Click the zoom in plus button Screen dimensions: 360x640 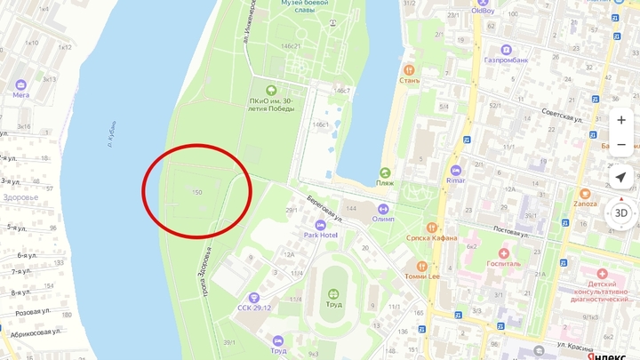click(620, 120)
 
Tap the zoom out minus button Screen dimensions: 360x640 click(620, 144)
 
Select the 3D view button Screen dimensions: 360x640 click(620, 213)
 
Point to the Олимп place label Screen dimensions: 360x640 click(383, 218)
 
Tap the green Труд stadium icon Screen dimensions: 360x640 click(332, 293)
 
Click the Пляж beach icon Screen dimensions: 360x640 click(385, 173)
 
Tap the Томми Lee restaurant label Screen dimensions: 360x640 click(422, 276)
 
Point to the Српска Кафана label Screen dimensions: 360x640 click(432, 237)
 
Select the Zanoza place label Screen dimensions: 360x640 click(584, 203)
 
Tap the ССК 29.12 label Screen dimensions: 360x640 click(254, 308)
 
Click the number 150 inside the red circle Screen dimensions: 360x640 click(196, 192)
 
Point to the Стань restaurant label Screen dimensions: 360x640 click(409, 81)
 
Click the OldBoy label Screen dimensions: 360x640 click(483, 11)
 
